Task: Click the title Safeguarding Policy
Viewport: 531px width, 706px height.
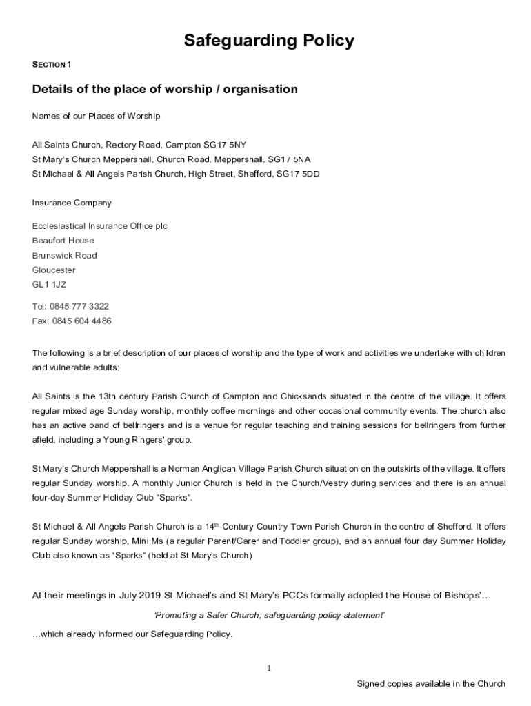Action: (269, 41)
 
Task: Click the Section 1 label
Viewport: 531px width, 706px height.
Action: (52, 65)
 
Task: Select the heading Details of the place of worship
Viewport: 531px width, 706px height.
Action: (165, 89)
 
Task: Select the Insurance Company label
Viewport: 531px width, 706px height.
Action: (72, 203)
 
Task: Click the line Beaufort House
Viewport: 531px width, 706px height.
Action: (63, 241)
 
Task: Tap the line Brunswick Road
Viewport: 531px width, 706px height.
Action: (64, 255)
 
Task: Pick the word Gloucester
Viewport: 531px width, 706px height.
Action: (54, 270)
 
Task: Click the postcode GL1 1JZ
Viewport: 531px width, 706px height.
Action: (50, 284)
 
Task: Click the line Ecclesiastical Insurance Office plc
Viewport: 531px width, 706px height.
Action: (99, 226)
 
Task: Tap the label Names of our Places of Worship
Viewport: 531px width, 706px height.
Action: (96, 116)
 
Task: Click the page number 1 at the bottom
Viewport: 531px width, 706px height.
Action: (270, 668)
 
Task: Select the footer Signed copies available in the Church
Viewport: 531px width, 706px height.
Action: (430, 684)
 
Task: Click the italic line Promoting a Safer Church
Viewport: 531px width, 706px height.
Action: (269, 615)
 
